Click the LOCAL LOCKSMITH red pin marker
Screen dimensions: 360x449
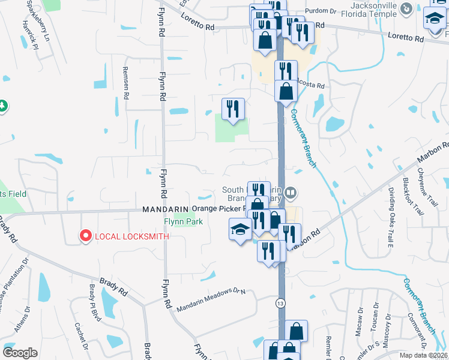point(85,236)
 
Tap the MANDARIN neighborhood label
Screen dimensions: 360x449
point(165,209)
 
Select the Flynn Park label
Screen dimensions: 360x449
point(184,221)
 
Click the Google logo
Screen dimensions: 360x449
point(20,353)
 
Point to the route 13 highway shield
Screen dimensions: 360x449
point(280,304)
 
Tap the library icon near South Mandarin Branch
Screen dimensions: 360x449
point(291,193)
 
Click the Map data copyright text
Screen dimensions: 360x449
point(424,355)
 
